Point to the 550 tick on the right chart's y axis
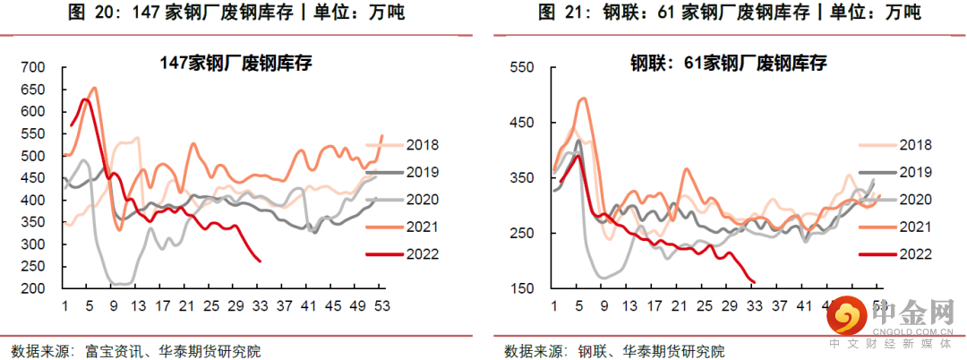521,67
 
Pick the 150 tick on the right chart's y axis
521,288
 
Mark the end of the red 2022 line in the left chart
260,261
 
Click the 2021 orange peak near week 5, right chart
584,99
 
